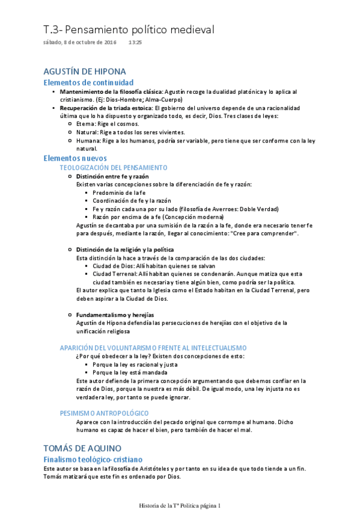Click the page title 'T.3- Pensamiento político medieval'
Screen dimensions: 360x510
tap(129, 29)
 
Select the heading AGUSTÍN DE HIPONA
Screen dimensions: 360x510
tap(85, 72)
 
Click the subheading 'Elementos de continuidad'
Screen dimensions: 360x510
tap(88, 82)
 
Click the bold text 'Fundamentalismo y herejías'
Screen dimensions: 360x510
tap(115, 315)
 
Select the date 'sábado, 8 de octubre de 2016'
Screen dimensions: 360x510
tap(80, 43)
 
